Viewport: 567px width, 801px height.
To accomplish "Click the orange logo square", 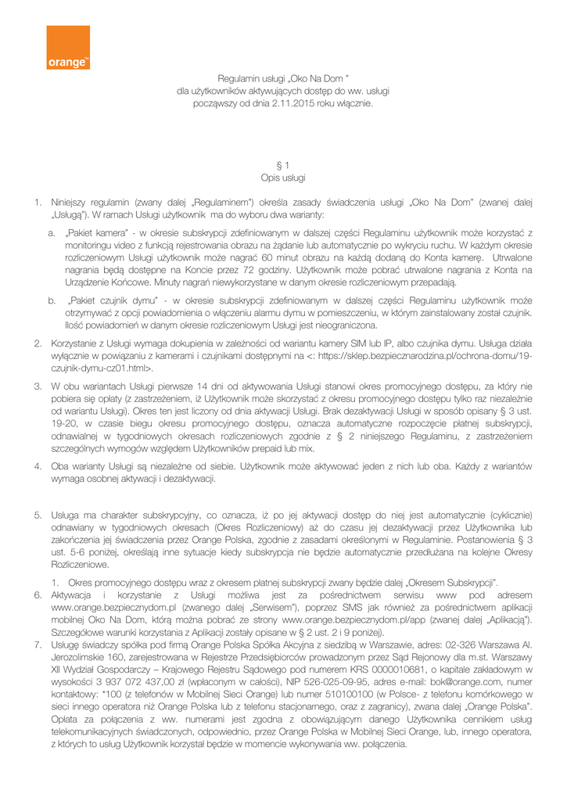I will [68, 48].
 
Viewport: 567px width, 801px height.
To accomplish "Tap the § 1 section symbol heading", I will [283, 165].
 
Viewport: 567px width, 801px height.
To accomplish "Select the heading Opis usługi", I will [283, 178].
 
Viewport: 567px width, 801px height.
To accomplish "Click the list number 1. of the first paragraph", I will [37, 202].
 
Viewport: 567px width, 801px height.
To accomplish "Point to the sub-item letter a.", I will [52, 233].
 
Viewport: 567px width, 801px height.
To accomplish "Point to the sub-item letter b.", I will [52, 300].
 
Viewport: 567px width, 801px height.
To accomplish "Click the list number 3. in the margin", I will [37, 386].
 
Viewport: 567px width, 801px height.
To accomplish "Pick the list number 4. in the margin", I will [37, 467].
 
